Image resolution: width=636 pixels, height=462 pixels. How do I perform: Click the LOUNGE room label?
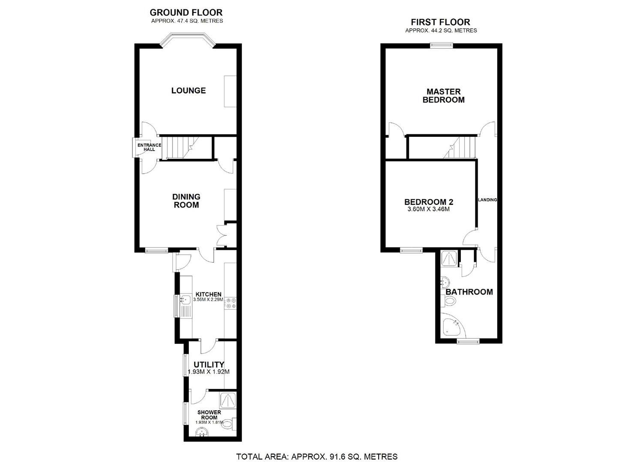tap(188, 90)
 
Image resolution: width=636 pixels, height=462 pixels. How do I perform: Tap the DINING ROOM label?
tap(186, 201)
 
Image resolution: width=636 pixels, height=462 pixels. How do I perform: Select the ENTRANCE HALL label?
tap(149, 147)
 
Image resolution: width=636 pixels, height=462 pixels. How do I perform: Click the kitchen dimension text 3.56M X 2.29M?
tap(208, 299)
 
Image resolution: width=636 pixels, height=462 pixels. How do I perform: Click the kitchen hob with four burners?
tap(230, 302)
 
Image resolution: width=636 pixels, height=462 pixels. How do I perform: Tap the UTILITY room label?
tap(209, 364)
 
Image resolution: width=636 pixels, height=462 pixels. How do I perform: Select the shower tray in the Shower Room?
tap(228, 400)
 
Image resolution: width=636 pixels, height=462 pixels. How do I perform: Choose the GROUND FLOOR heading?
tap(186, 12)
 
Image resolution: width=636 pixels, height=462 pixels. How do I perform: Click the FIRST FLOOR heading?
tap(441, 22)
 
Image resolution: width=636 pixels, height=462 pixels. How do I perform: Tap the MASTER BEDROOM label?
tap(444, 95)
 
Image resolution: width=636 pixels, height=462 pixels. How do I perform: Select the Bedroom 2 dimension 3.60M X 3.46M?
tap(428, 210)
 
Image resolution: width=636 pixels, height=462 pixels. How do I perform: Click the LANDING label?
tap(487, 200)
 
